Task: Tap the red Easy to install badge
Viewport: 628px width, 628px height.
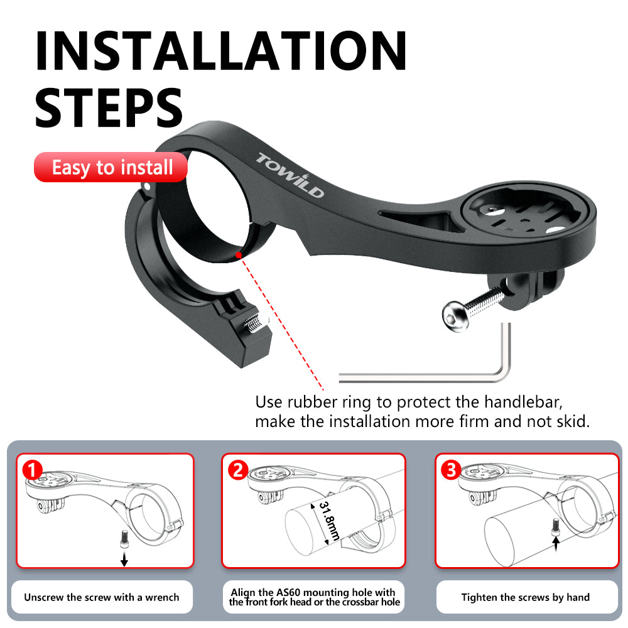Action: point(112,168)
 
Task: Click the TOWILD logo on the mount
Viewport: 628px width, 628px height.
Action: point(290,175)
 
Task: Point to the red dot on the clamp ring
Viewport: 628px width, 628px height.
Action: point(239,255)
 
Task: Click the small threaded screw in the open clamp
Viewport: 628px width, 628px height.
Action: point(254,324)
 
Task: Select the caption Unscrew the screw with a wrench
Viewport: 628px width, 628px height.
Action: point(102,597)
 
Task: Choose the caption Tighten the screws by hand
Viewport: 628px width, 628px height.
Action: point(525,597)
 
